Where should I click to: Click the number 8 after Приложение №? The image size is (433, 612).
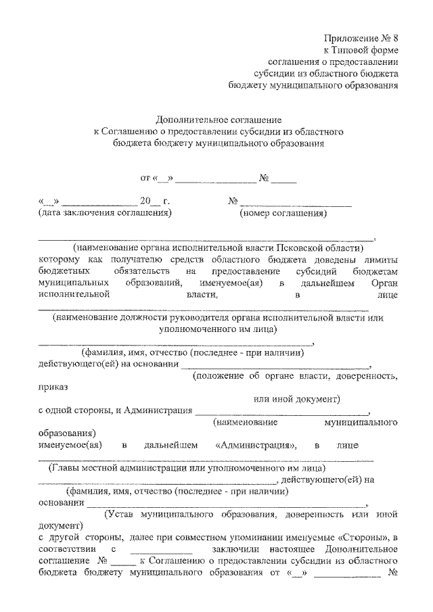394,38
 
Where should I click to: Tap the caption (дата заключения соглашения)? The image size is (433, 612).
104,214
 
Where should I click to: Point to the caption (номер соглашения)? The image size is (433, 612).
283,214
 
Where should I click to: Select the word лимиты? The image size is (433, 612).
380,260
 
